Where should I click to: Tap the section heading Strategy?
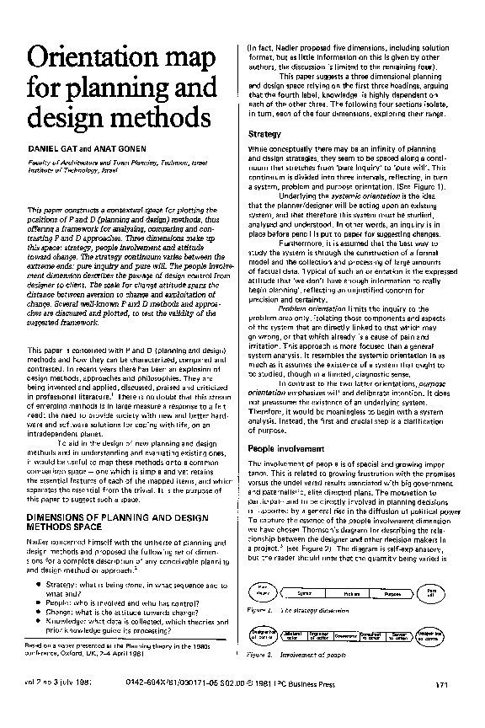264,134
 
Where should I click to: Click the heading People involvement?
287,448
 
